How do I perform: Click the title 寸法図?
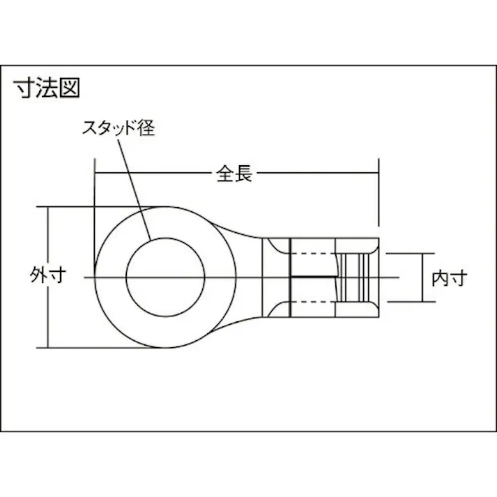click(x=47, y=89)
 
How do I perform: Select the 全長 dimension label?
click(x=234, y=174)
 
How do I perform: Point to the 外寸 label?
click(x=49, y=277)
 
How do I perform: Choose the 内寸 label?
click(x=448, y=278)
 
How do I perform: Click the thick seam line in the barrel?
click(x=314, y=277)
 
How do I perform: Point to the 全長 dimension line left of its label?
click(x=153, y=174)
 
